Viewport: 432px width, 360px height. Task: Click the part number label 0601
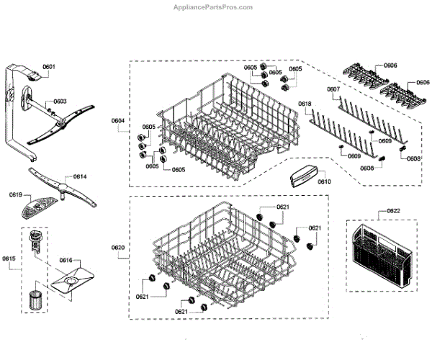click(48, 67)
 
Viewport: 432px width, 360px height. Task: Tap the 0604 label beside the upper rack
click(118, 120)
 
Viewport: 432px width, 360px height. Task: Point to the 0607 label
click(333, 90)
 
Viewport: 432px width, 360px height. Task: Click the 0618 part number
click(305, 104)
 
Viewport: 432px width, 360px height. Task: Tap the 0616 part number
click(66, 260)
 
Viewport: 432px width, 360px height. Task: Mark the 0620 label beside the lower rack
click(118, 248)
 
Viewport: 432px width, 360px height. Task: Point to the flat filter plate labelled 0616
click(72, 279)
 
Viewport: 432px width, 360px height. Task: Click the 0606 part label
click(390, 66)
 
